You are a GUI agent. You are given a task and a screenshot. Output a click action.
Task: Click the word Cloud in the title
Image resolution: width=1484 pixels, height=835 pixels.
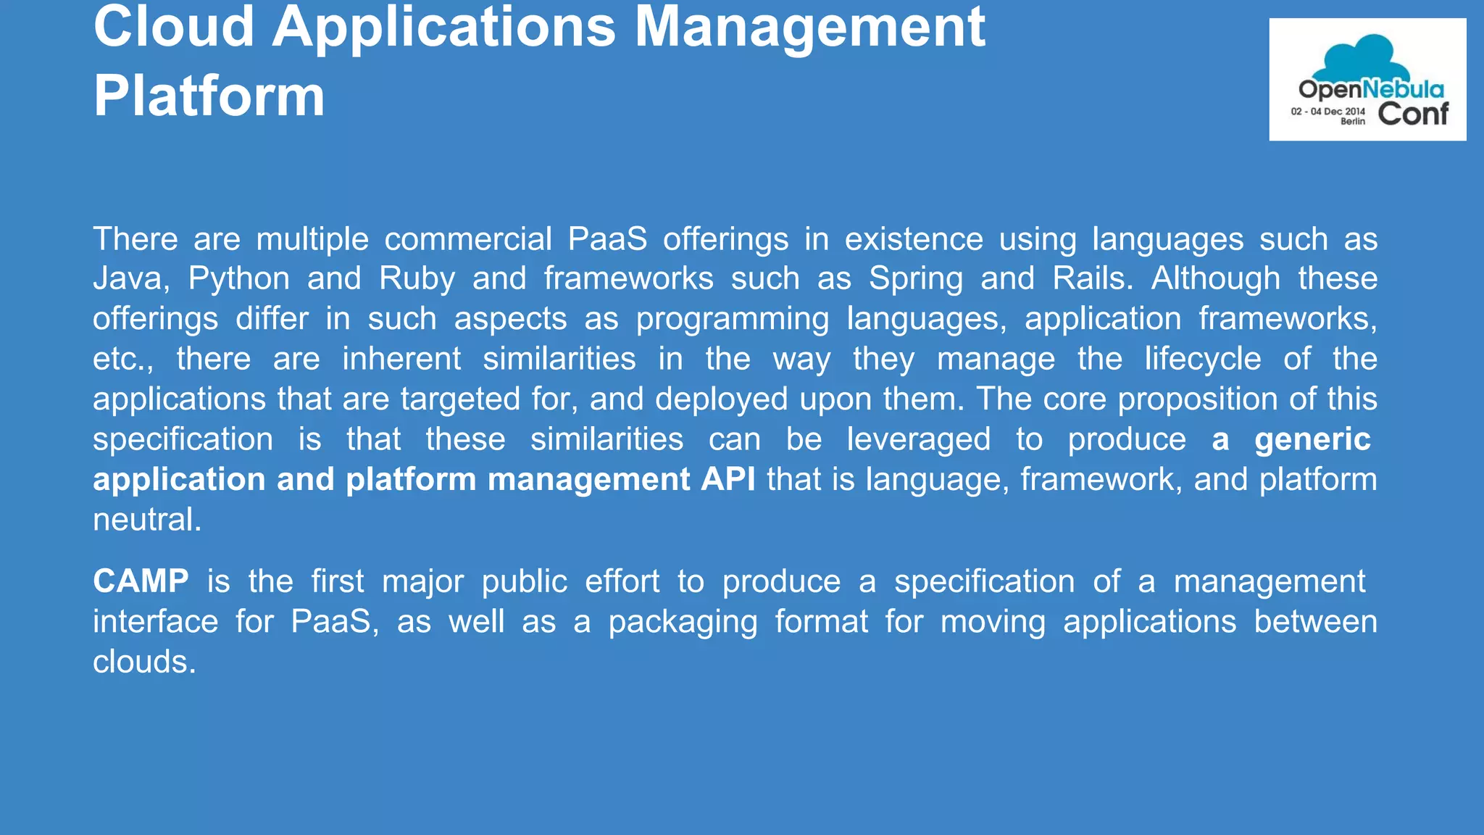click(x=174, y=28)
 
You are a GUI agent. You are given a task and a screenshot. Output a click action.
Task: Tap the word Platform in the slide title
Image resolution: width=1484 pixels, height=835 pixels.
click(x=209, y=96)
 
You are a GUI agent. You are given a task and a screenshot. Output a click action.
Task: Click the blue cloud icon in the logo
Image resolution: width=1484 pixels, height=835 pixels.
click(x=1352, y=57)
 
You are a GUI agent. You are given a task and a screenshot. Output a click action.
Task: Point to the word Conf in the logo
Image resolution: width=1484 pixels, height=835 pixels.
click(x=1412, y=114)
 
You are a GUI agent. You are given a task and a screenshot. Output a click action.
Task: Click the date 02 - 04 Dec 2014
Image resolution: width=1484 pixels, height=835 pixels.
click(x=1327, y=112)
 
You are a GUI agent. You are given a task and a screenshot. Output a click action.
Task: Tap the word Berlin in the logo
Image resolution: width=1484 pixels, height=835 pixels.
click(x=1352, y=122)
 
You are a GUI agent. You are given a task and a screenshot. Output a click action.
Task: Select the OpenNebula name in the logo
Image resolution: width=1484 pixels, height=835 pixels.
click(x=1371, y=90)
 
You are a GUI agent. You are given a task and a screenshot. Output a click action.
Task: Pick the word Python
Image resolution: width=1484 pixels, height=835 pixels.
click(x=238, y=278)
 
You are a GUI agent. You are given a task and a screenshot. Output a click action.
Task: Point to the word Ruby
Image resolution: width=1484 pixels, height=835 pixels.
click(x=417, y=278)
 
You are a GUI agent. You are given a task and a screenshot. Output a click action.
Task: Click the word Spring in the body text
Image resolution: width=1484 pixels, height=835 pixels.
click(x=916, y=278)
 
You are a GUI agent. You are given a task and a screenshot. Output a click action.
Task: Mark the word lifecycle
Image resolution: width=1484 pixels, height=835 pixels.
click(x=1202, y=359)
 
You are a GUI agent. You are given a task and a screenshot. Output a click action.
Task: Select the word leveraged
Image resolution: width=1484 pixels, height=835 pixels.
click(x=918, y=439)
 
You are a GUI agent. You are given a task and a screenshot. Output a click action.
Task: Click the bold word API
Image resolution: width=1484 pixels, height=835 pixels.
click(x=728, y=479)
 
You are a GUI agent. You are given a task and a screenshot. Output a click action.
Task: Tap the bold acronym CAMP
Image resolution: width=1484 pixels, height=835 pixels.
click(x=141, y=581)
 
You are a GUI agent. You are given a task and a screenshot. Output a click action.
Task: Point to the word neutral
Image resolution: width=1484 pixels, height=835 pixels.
click(x=146, y=520)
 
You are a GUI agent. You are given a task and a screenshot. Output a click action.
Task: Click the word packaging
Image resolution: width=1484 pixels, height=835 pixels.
click(x=683, y=622)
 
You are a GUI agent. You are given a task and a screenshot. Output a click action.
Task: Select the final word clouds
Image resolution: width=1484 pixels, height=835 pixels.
click(x=144, y=662)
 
